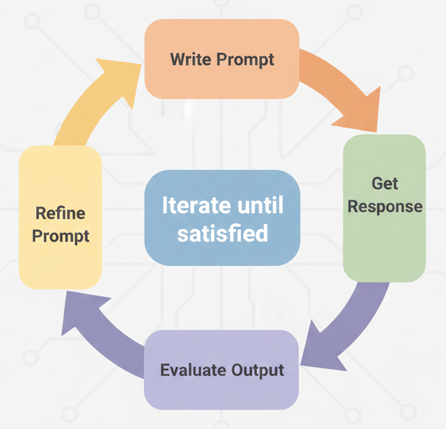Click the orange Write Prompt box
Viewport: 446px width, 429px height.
pyautogui.click(x=222, y=59)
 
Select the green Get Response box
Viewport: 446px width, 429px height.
pyautogui.click(x=384, y=209)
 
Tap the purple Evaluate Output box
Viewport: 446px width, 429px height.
pyautogui.click(x=221, y=370)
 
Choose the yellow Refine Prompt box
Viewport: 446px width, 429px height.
pyautogui.click(x=61, y=217)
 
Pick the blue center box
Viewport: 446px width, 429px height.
pyautogui.click(x=222, y=218)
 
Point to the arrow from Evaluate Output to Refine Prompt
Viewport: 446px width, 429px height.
pyautogui.click(x=97, y=336)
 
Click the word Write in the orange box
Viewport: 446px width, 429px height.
pyautogui.click(x=191, y=59)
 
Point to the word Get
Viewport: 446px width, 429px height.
pyautogui.click(x=385, y=184)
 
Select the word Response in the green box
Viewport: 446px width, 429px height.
pyautogui.click(x=385, y=207)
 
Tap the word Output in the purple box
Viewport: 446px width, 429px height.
pyautogui.click(x=258, y=370)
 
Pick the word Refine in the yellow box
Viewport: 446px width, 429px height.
pyautogui.click(x=61, y=213)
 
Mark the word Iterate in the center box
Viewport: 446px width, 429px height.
pyautogui.click(x=196, y=205)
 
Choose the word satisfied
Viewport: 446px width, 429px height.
pyautogui.click(x=223, y=233)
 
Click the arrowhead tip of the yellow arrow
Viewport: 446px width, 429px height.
pyautogui.click(x=141, y=64)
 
